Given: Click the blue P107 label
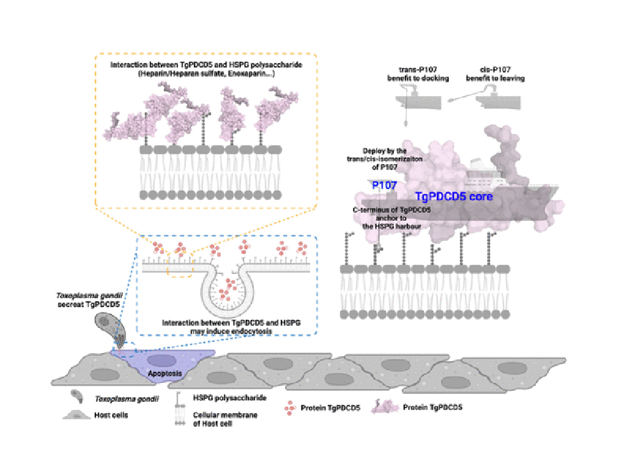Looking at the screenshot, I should pos(384,185).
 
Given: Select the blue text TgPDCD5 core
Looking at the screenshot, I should pos(454,196).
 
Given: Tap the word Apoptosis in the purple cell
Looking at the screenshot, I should pos(165,374).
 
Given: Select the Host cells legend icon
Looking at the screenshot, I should pos(76,414).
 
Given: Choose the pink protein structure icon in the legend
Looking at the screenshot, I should pos(386,407).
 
